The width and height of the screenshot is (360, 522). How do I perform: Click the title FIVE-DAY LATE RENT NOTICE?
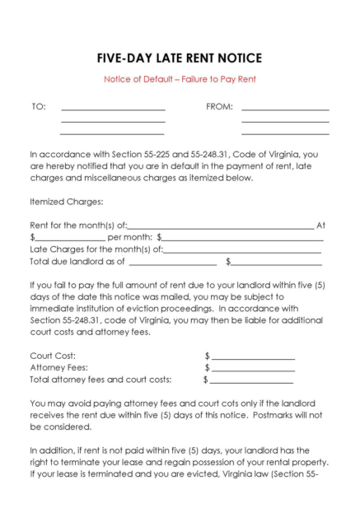180,58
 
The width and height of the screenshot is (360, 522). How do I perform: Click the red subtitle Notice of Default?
180,80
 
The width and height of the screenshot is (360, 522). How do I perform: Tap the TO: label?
39,106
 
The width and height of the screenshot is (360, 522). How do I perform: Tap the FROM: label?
219,106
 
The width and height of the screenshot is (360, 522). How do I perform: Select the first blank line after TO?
113,109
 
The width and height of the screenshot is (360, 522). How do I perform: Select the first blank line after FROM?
285,109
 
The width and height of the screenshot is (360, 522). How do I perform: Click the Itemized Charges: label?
67,202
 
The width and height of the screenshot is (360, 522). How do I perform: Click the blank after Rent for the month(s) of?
221,227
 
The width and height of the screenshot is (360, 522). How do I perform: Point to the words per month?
129,238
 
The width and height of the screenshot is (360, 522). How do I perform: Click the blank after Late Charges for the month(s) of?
242,251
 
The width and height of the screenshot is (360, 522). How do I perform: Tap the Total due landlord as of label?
77,263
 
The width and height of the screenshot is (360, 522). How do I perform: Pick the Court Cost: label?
53,357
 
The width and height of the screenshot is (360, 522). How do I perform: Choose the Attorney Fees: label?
58,368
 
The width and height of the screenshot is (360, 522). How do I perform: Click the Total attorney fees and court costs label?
101,380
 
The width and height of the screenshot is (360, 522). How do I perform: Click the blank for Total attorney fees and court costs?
252,382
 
